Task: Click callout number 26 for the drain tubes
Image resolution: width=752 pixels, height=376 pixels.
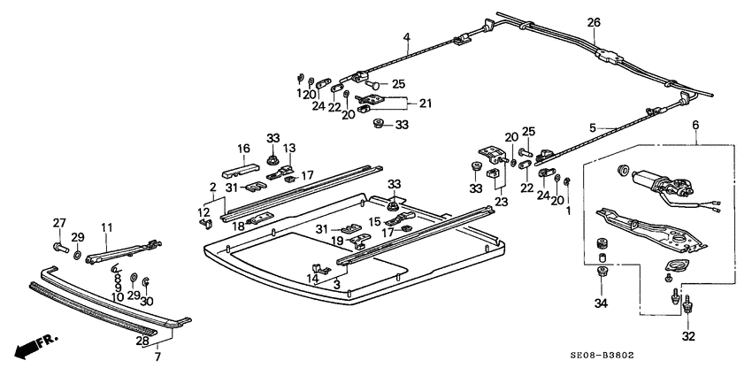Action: point(594,22)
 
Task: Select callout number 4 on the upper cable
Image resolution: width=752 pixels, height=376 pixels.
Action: point(407,37)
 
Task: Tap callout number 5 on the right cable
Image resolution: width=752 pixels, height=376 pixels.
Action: point(618,127)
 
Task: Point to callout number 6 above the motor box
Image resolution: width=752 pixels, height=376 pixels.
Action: point(696,127)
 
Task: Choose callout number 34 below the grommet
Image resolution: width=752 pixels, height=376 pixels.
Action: point(602,304)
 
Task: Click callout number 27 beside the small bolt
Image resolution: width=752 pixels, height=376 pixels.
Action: point(59,222)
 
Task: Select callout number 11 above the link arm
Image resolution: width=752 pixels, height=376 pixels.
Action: point(107,228)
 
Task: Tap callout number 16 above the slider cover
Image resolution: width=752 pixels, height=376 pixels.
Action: point(243,149)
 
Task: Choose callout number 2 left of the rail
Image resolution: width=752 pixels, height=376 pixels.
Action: point(212,187)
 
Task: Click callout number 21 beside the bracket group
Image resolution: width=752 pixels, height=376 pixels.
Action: point(425,104)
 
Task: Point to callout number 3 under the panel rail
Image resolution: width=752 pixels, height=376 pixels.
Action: point(337,285)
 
